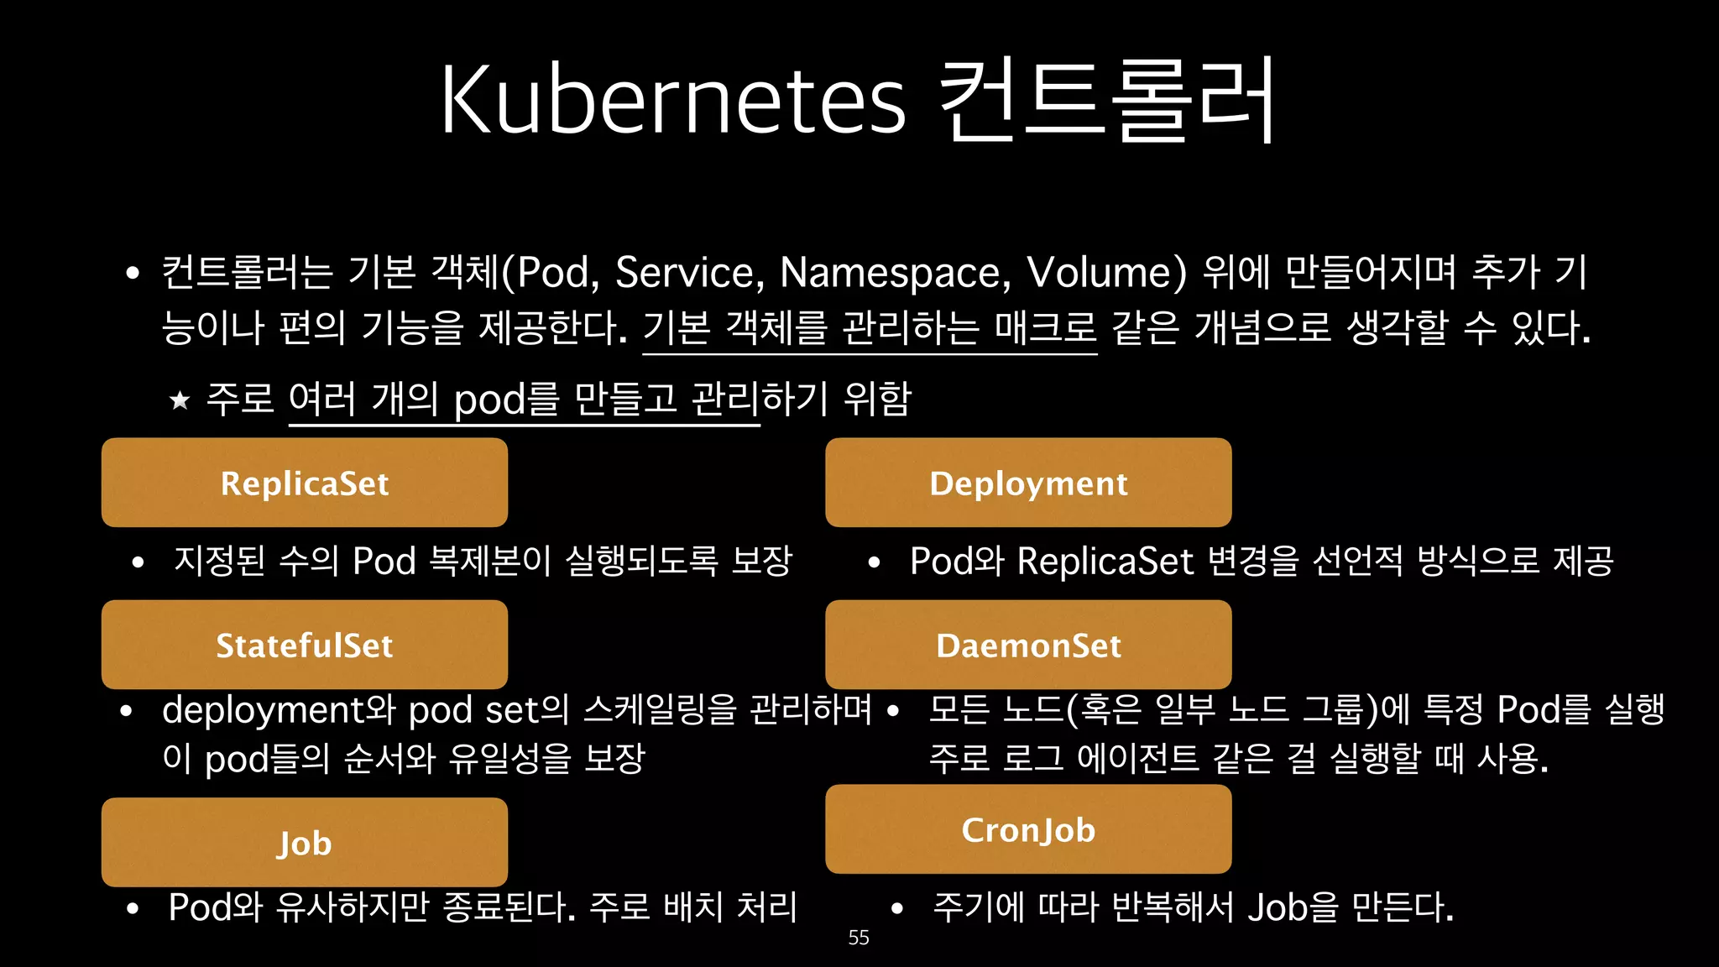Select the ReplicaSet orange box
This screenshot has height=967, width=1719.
(305, 483)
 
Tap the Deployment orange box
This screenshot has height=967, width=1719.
(1028, 483)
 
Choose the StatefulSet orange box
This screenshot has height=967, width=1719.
(305, 645)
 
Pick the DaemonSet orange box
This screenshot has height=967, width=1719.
(1028, 645)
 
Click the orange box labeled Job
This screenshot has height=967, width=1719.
(305, 842)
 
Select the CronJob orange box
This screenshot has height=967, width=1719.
(1028, 829)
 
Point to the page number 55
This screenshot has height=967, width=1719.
(859, 938)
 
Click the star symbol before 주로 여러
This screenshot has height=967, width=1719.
(180, 400)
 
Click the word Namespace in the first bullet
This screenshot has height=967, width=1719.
(895, 273)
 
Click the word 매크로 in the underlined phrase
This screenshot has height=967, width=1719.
(1045, 327)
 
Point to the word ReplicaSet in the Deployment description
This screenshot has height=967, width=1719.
(1105, 561)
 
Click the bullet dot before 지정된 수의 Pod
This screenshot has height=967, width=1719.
(138, 562)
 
